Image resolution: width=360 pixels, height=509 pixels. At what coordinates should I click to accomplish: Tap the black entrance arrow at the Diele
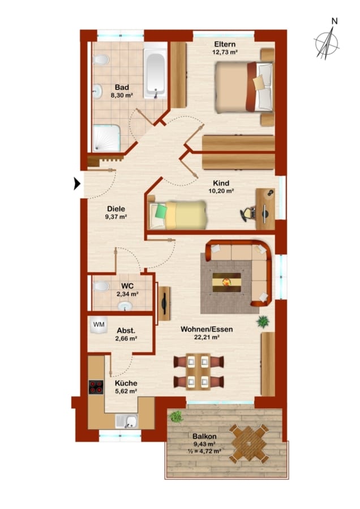click(77, 183)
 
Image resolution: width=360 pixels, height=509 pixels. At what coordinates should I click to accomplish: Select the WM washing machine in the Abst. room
click(98, 325)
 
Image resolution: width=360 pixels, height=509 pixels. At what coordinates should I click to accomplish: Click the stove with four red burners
click(96, 387)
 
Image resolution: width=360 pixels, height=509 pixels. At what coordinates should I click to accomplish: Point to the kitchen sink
click(127, 421)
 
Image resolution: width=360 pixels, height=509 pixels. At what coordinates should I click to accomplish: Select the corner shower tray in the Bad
click(106, 139)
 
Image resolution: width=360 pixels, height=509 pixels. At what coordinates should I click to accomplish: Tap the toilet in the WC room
click(101, 287)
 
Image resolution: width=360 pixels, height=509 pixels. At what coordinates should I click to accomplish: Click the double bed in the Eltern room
click(244, 87)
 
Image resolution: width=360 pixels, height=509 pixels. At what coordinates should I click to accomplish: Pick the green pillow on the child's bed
click(161, 212)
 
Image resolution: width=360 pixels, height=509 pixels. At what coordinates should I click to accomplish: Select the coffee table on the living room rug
click(227, 282)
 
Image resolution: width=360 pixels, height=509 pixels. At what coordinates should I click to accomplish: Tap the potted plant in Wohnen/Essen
click(263, 322)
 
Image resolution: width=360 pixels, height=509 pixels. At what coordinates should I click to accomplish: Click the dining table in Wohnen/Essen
click(198, 372)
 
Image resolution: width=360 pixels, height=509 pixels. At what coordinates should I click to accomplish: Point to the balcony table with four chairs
click(249, 443)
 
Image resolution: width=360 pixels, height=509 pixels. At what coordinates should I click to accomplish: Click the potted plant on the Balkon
click(176, 416)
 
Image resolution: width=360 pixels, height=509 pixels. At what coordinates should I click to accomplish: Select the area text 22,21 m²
click(207, 337)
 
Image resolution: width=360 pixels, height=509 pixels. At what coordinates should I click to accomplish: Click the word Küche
click(126, 383)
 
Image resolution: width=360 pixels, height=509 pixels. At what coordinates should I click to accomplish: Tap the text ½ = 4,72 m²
click(204, 451)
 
